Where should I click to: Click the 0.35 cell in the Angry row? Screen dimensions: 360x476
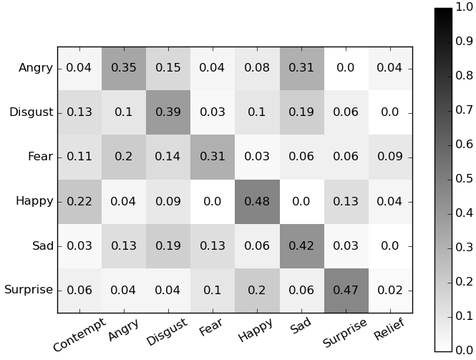(x=124, y=69)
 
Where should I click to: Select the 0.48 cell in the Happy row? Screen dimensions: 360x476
(x=257, y=202)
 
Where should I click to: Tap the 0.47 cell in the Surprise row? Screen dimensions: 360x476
(x=346, y=291)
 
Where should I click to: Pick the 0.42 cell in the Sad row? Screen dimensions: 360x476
(x=301, y=246)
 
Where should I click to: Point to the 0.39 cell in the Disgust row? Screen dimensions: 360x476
(x=168, y=113)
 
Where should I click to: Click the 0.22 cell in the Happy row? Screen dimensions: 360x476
(x=79, y=202)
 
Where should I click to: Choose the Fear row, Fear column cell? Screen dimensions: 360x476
(x=213, y=157)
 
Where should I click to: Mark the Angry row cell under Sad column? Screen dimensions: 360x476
(x=301, y=69)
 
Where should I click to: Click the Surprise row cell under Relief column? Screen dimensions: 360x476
(x=390, y=291)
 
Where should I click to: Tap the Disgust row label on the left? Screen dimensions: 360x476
(x=31, y=113)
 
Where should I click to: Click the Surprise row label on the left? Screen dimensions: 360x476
(x=29, y=291)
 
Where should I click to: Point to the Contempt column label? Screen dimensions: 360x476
(x=79, y=334)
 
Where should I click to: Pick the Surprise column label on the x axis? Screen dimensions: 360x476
(x=345, y=333)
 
